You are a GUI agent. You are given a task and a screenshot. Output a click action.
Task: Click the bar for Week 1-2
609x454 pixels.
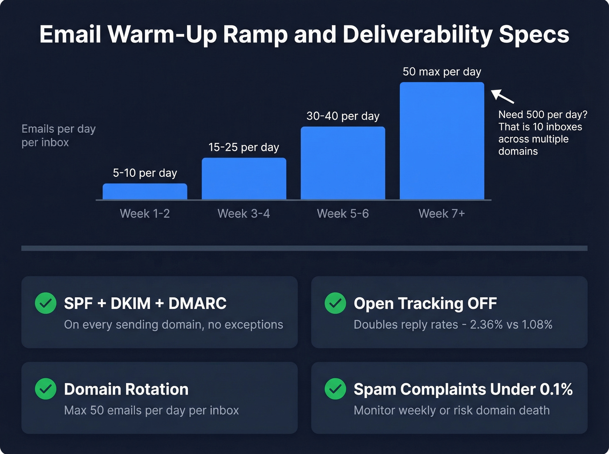pyautogui.click(x=145, y=192)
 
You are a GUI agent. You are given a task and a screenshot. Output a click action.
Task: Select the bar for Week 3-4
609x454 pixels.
pyautogui.click(x=244, y=179)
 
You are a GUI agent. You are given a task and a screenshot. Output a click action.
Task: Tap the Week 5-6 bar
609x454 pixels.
pyautogui.click(x=343, y=163)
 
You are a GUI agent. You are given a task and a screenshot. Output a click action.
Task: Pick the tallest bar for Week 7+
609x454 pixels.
pyautogui.click(x=442, y=141)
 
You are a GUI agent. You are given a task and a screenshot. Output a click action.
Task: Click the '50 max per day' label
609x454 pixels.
pyautogui.click(x=442, y=72)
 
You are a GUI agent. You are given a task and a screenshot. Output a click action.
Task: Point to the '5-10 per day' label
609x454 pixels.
pyautogui.click(x=145, y=173)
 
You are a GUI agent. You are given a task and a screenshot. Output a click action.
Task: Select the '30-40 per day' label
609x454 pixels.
pyautogui.click(x=343, y=116)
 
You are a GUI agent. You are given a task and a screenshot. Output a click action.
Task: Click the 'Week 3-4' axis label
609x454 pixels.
pyautogui.click(x=244, y=214)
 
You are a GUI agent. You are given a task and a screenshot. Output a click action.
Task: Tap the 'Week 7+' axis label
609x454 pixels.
pyautogui.click(x=442, y=214)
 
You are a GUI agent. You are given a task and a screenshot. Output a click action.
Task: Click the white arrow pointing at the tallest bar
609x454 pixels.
pyautogui.click(x=502, y=96)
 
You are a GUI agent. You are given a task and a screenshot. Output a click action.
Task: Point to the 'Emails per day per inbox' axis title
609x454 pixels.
pyautogui.click(x=58, y=136)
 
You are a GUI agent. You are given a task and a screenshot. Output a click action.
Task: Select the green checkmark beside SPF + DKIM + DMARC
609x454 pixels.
pyautogui.click(x=46, y=303)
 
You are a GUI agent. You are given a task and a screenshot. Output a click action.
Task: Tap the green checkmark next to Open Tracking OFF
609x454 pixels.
pyautogui.click(x=335, y=303)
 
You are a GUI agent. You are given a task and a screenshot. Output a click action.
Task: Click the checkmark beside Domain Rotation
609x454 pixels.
pyautogui.click(x=46, y=389)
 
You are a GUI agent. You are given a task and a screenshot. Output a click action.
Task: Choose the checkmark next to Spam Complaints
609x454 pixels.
pyautogui.click(x=335, y=389)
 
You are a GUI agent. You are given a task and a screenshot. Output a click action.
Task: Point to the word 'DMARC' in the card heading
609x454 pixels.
pyautogui.click(x=197, y=303)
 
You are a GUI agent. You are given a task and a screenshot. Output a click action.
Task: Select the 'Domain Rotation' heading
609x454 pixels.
pyautogui.click(x=126, y=389)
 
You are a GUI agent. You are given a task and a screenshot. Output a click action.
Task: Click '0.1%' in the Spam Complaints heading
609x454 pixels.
pyautogui.click(x=556, y=389)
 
